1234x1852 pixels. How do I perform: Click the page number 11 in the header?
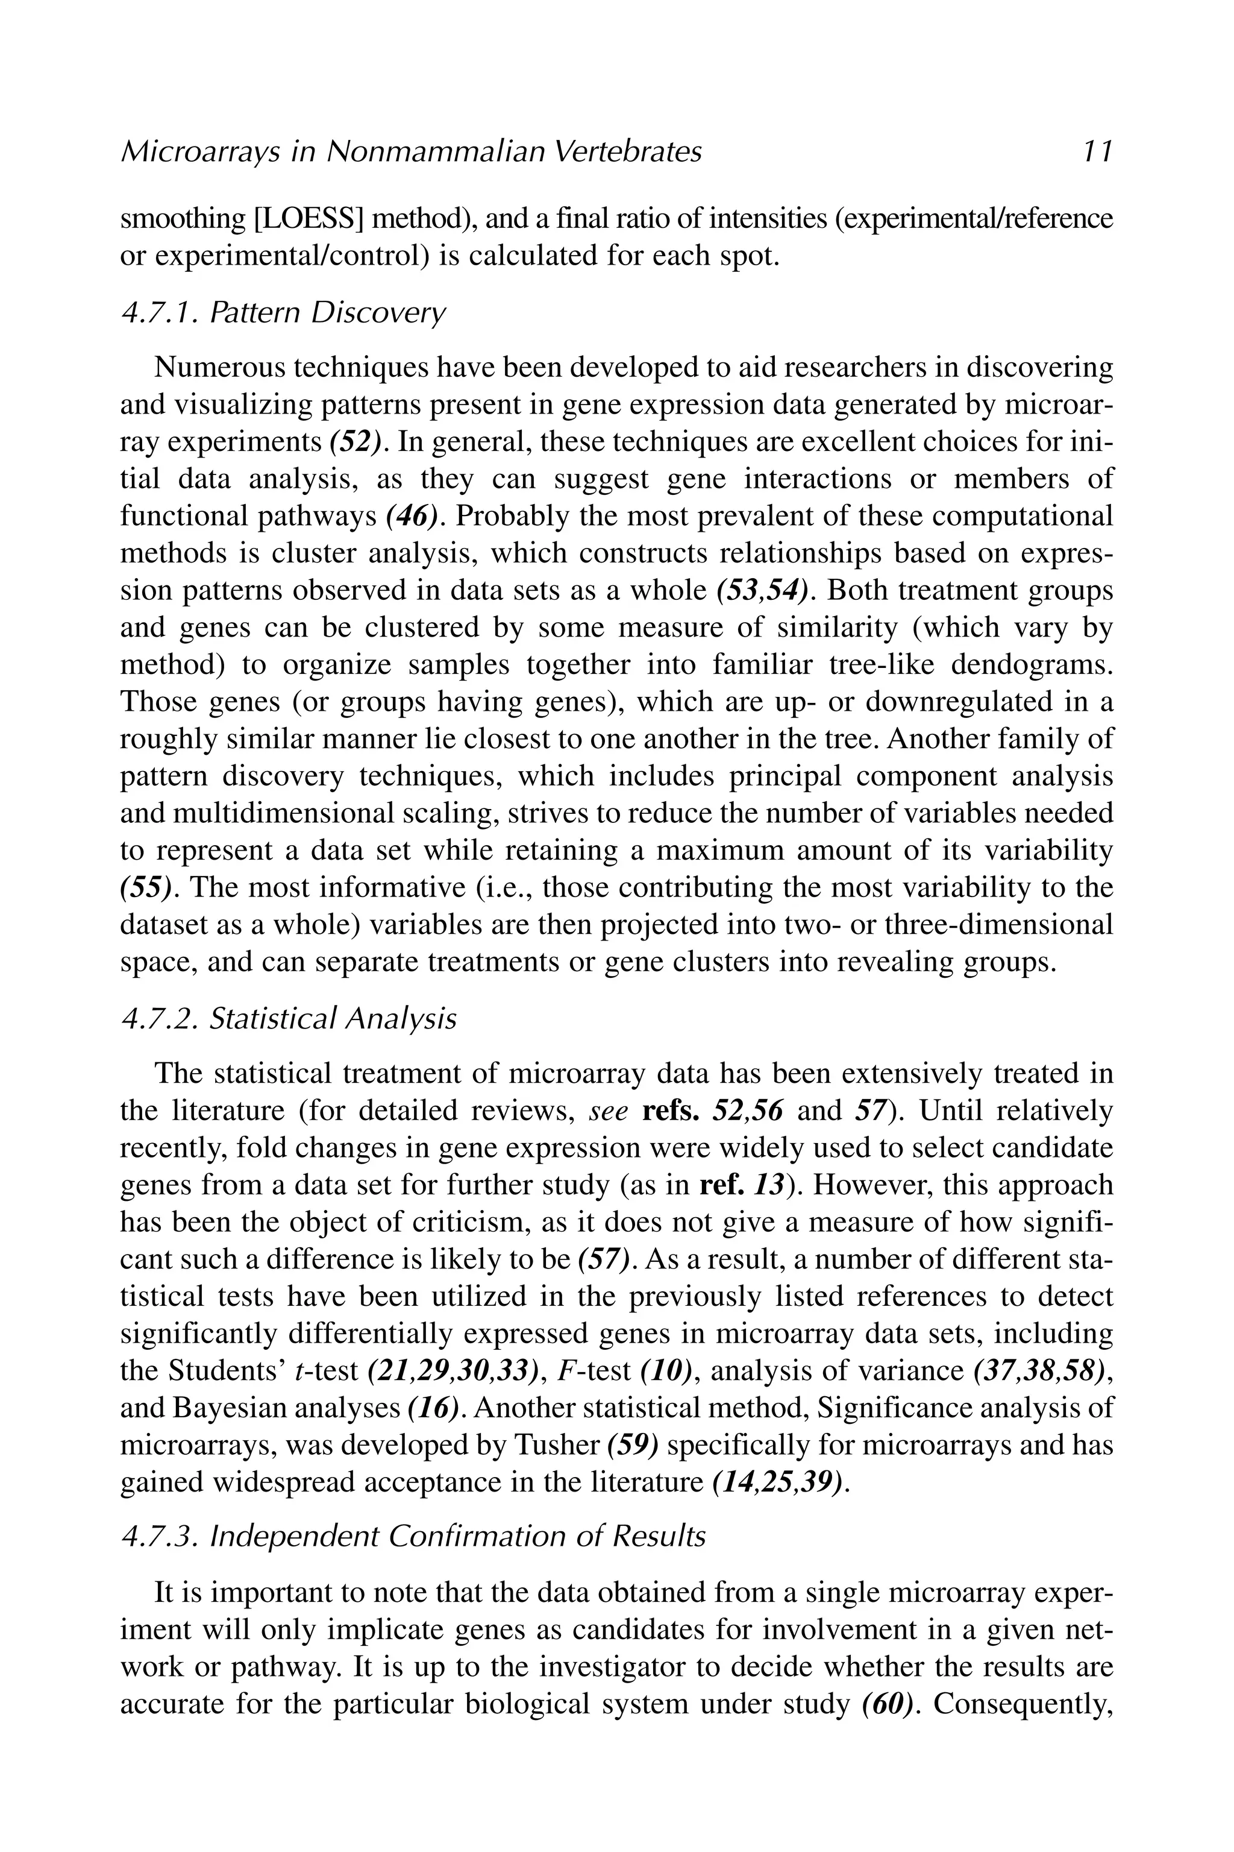(1096, 151)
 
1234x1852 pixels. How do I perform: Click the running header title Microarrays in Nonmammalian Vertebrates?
(411, 151)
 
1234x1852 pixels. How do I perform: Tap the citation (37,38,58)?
(1041, 1372)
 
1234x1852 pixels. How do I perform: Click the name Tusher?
(556, 1446)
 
